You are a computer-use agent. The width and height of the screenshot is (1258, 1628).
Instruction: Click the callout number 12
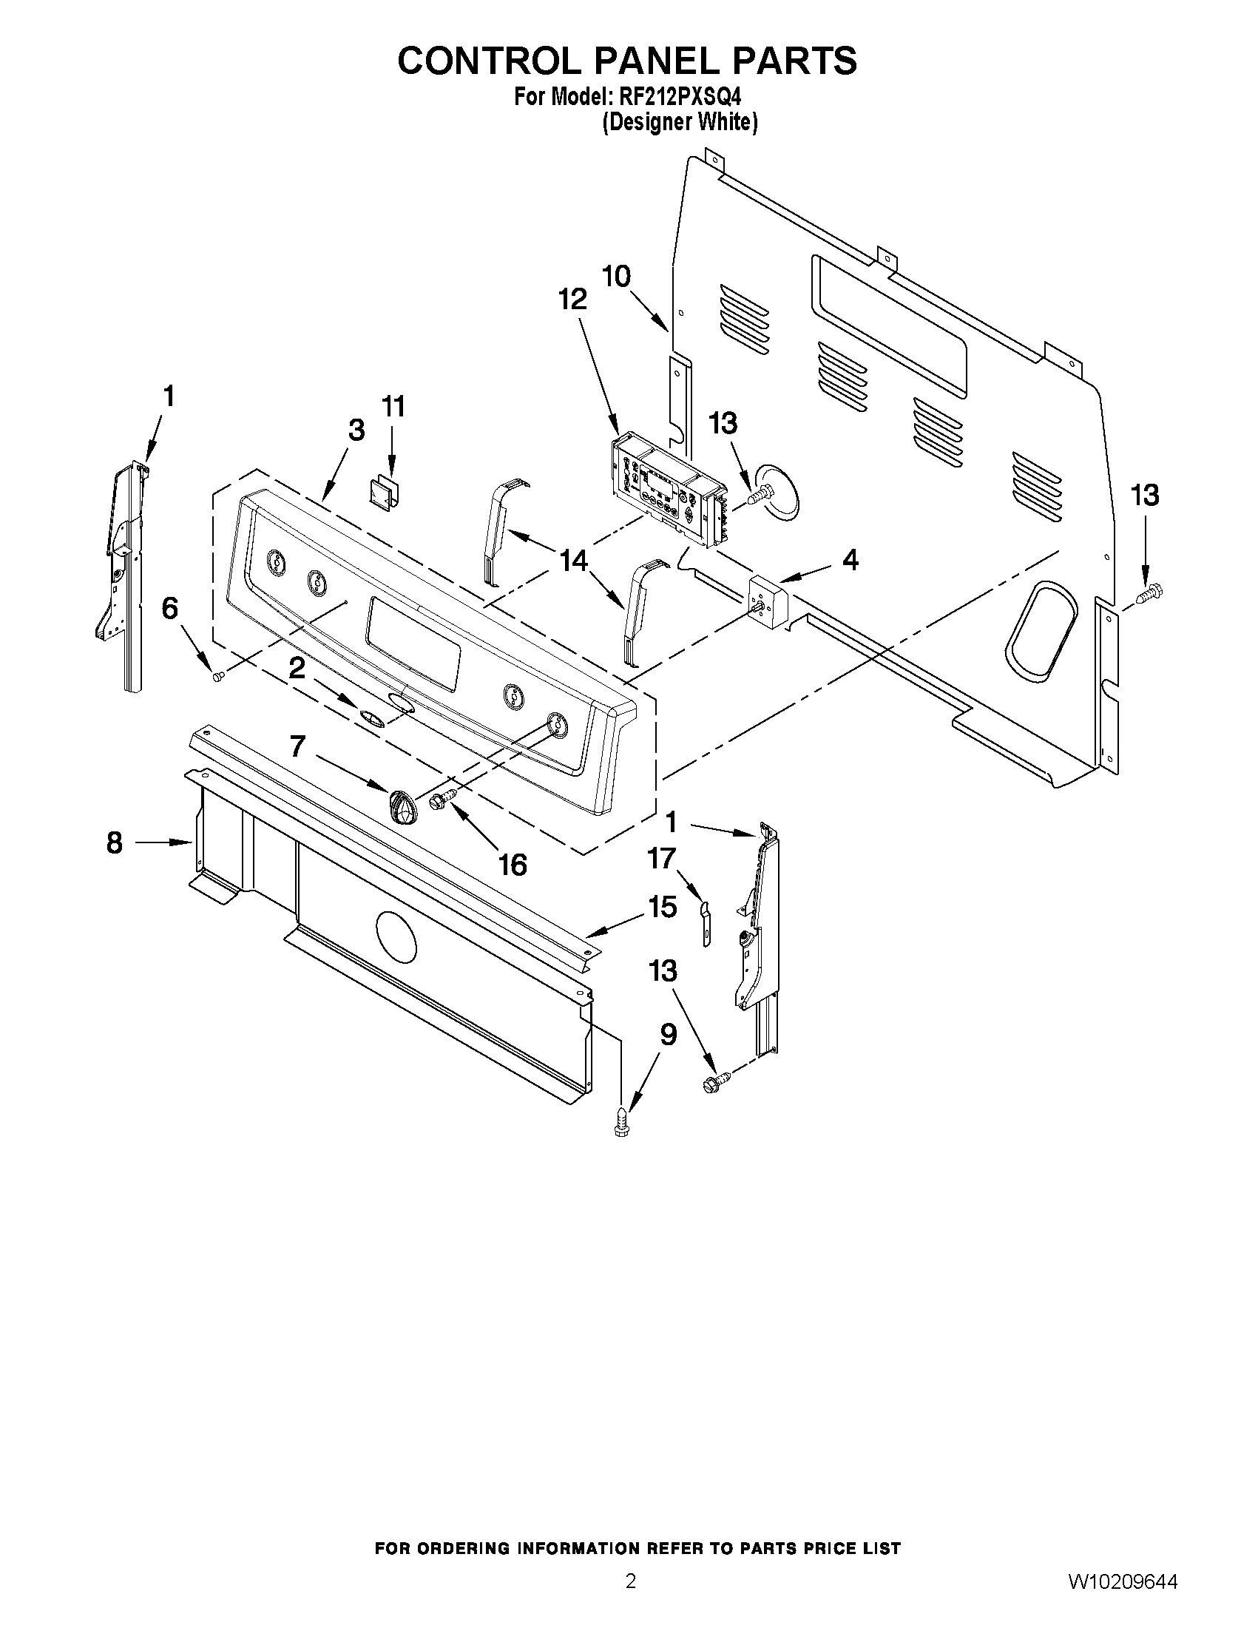pyautogui.click(x=572, y=300)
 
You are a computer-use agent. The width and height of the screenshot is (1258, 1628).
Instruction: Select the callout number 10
pyautogui.click(x=616, y=277)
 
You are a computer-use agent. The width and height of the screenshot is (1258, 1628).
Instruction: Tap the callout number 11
pyautogui.click(x=393, y=407)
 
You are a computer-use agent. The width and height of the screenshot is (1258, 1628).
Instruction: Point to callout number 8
pyautogui.click(x=114, y=843)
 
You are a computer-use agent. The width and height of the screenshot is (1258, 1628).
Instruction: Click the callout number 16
pyautogui.click(x=513, y=865)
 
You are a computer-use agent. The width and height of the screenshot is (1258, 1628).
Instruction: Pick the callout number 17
pyautogui.click(x=662, y=859)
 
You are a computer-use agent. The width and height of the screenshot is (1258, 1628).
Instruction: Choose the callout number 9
pyautogui.click(x=669, y=1035)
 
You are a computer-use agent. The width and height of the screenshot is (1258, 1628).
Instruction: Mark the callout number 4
pyautogui.click(x=850, y=559)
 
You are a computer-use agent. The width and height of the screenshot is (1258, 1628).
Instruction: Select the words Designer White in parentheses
pyautogui.click(x=680, y=122)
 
